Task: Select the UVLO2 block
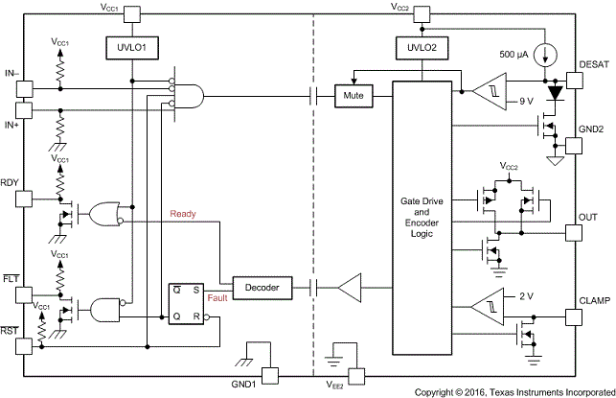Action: point(422,46)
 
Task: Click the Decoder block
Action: point(262,286)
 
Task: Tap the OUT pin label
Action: point(589,217)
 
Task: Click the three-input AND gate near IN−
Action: point(191,94)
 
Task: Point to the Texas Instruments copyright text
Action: point(513,391)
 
